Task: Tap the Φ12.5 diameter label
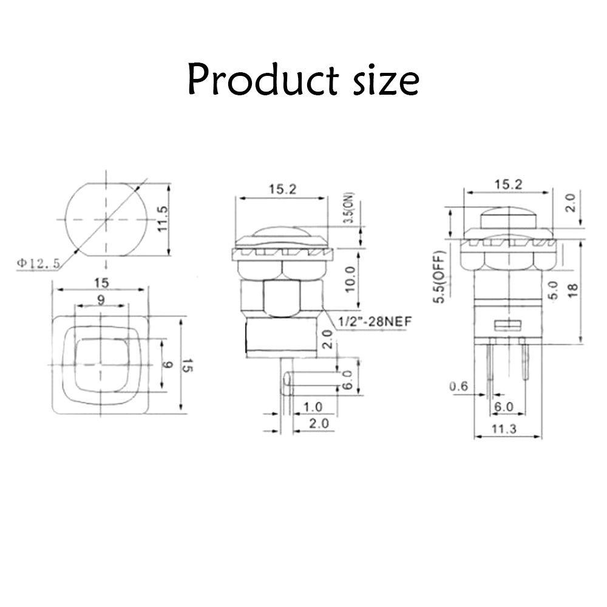click(x=40, y=263)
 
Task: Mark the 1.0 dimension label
click(x=313, y=406)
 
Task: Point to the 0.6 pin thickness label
click(x=459, y=386)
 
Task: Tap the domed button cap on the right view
click(x=509, y=217)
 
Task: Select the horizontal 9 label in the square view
click(x=100, y=299)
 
